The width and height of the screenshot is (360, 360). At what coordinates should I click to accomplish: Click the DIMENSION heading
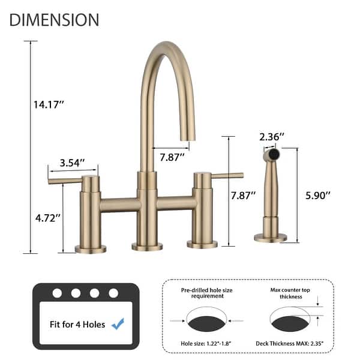pos(54,19)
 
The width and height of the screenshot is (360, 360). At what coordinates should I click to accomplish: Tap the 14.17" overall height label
pos(49,104)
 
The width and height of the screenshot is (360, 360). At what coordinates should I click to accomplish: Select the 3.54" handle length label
pos(72,163)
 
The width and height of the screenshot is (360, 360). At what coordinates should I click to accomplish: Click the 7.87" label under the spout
pos(172,157)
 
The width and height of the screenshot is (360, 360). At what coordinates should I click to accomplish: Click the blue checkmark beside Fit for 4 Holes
pos(118,324)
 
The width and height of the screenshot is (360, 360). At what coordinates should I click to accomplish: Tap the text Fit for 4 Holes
pos(78,325)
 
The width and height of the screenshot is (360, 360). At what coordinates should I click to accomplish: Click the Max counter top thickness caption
pos(290,293)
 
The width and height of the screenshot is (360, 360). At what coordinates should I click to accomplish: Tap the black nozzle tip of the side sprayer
pos(274,154)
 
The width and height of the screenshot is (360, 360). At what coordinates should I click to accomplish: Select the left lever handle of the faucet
pos(65,180)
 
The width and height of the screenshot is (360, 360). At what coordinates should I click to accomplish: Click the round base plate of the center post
pos(147,246)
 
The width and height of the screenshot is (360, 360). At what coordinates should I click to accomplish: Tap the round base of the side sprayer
pos(271,238)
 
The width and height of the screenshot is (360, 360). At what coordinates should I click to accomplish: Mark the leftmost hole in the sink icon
pos(57,293)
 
